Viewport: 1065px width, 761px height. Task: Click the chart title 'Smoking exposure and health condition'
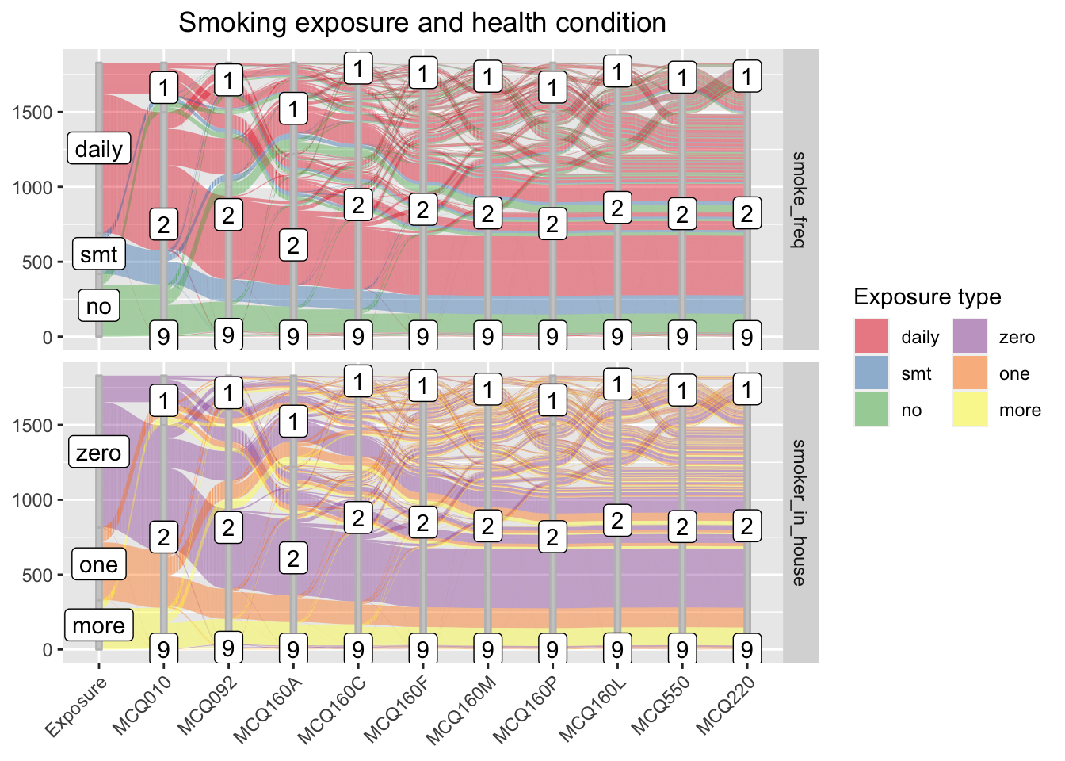pyautogui.click(x=422, y=22)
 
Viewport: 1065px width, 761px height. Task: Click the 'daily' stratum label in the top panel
pyautogui.click(x=98, y=149)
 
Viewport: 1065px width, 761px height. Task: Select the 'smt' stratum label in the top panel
pyautogui.click(x=98, y=254)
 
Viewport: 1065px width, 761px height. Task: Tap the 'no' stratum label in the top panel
pyautogui.click(x=98, y=306)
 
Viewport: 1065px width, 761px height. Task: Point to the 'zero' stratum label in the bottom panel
pyautogui.click(x=98, y=453)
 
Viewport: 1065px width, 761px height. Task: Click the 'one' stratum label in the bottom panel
pyautogui.click(x=98, y=564)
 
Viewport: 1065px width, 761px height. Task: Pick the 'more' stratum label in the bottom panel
pyautogui.click(x=98, y=625)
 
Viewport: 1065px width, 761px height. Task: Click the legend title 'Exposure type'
pyautogui.click(x=927, y=297)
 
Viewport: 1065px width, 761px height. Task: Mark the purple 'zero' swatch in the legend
pyautogui.click(x=969, y=337)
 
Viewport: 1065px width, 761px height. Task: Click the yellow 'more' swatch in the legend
pyautogui.click(x=969, y=410)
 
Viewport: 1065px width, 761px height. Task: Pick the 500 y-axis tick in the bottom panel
pyautogui.click(x=36, y=575)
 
